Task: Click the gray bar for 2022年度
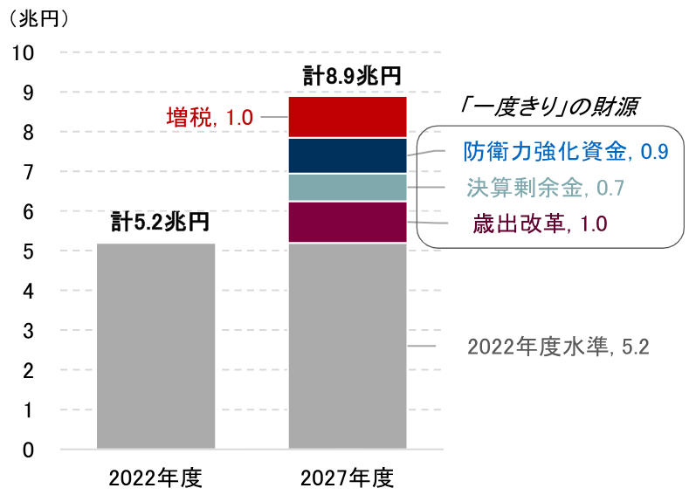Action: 155,346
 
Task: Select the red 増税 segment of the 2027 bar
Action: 348,117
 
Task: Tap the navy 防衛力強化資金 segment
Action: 348,155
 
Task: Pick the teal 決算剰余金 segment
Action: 348,188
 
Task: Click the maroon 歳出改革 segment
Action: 348,223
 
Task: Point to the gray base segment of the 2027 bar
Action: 348,346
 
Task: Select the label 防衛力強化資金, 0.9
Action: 566,152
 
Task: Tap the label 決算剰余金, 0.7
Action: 546,188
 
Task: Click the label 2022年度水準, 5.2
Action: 558,347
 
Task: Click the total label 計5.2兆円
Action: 160,223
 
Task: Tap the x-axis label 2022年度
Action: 155,478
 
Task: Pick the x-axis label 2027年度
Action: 348,478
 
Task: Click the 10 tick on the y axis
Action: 24,52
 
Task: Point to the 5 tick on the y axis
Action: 29,251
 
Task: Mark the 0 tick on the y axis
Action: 29,450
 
